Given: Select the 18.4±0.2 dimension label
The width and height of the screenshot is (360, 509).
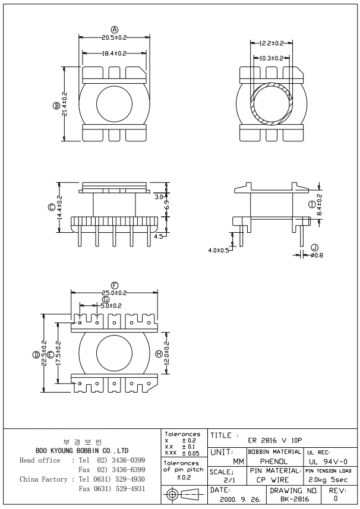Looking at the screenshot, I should (114, 53).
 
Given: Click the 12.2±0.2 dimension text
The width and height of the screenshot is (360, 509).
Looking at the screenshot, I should (272, 43).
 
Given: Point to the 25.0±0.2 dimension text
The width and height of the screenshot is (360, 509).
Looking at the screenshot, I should (115, 293).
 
